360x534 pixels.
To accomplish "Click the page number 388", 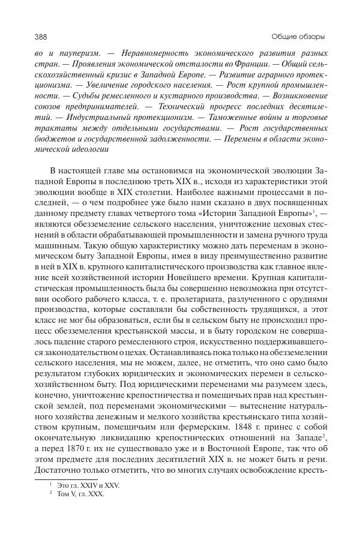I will pos(42,36).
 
